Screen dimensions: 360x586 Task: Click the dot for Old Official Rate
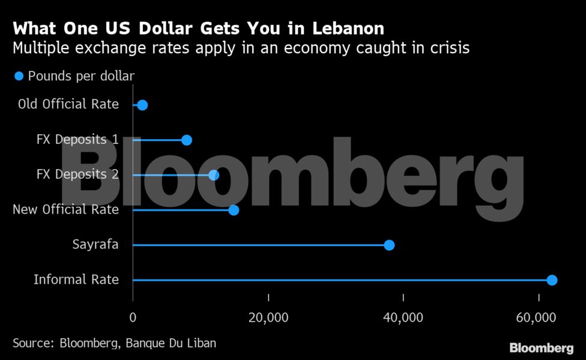point(142,105)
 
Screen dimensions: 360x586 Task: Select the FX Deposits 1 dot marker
point(187,140)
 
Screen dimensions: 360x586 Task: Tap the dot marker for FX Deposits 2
point(214,175)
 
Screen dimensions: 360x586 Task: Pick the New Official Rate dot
point(234,210)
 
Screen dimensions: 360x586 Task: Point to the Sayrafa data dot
point(389,245)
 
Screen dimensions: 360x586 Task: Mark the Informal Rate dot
point(552,280)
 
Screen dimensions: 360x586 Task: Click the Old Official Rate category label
point(68,104)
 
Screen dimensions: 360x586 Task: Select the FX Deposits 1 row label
point(77,140)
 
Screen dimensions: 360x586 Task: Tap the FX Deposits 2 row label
point(77,175)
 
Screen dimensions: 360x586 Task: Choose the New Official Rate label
point(65,210)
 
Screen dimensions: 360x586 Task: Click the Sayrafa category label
point(95,245)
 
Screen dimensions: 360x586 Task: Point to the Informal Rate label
point(76,280)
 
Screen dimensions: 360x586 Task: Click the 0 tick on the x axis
point(133,317)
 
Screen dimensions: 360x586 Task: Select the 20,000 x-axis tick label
point(268,317)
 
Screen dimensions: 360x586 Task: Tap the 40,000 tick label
point(403,317)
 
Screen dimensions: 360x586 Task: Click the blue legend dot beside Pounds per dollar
point(19,76)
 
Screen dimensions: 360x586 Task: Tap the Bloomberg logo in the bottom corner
point(541,348)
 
